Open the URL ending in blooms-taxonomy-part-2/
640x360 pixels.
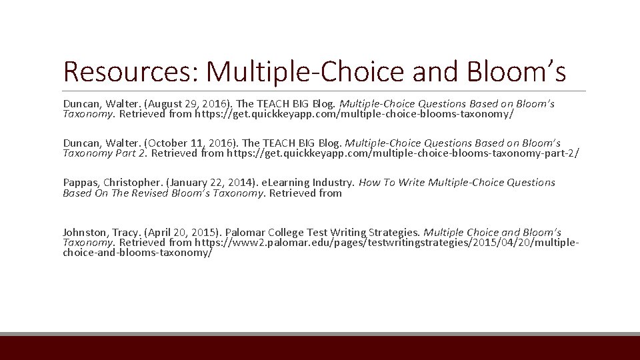click(x=403, y=153)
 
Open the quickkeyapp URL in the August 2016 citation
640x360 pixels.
click(x=344, y=114)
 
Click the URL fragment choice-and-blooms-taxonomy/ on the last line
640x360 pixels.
click(x=137, y=253)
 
